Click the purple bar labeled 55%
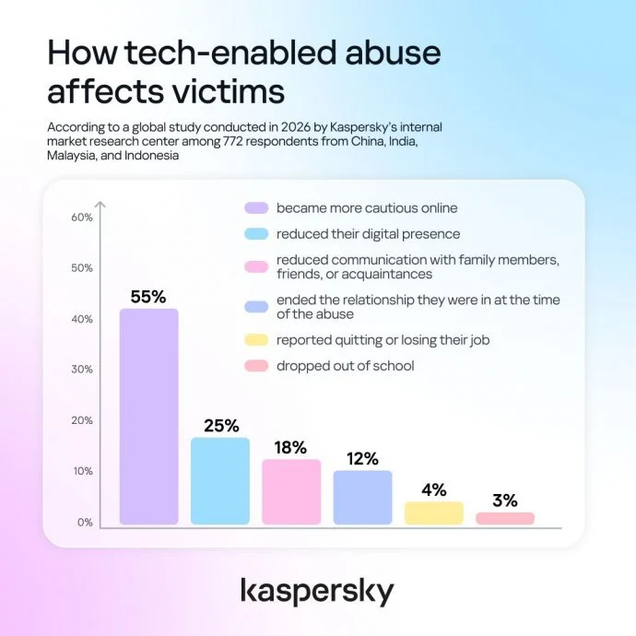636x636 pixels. point(148,416)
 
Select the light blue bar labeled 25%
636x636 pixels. point(220,480)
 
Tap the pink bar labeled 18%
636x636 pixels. point(291,491)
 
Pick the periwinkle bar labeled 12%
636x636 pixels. point(363,498)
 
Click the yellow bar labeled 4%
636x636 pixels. point(434,512)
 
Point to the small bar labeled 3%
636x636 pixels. point(505,518)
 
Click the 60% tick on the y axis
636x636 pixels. point(82,218)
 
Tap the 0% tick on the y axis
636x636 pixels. point(85,522)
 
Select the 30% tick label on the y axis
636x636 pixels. point(82,369)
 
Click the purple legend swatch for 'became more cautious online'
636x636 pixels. point(256,207)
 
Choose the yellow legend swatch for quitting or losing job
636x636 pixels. point(256,340)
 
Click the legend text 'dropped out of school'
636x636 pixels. point(345,366)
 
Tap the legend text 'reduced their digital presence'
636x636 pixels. point(369,234)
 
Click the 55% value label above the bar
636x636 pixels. point(148,297)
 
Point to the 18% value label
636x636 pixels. point(290,447)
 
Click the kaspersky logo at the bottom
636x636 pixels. point(317,592)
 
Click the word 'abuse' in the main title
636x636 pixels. point(393,53)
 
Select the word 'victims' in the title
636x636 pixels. point(229,91)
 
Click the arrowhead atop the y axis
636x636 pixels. point(100,205)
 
